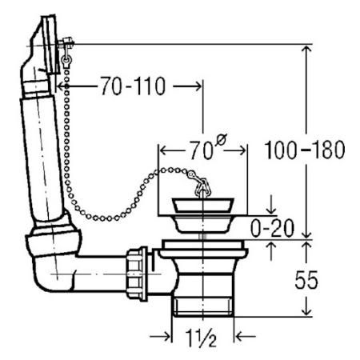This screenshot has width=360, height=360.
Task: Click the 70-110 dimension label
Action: (133, 86)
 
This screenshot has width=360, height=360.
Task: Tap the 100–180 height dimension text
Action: (305, 150)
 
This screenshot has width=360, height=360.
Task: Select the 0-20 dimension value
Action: (272, 228)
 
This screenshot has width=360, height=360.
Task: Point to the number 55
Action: (306, 279)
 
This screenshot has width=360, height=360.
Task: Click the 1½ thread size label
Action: (201, 338)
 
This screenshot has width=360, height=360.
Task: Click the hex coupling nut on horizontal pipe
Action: (137, 274)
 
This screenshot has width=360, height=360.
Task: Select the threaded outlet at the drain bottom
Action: (203, 306)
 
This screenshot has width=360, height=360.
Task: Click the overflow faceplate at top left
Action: (50, 44)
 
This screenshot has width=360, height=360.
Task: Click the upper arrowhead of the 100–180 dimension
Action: (306, 50)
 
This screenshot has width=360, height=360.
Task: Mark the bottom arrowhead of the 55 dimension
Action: (306, 310)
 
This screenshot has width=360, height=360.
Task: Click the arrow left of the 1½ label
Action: (160, 337)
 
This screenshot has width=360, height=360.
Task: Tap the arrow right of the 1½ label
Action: (246, 337)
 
